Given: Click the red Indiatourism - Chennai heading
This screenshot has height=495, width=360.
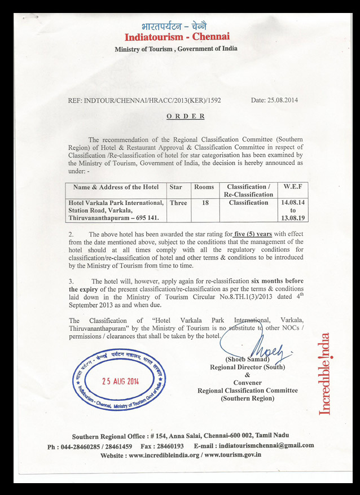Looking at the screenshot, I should pyautogui.click(x=177, y=37).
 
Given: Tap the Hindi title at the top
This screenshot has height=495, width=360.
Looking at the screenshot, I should pyautogui.click(x=177, y=25).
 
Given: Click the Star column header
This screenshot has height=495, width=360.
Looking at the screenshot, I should pyautogui.click(x=178, y=187).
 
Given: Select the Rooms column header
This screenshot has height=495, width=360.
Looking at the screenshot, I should pyautogui.click(x=204, y=187).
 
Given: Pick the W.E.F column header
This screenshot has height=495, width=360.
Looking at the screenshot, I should pyautogui.click(x=292, y=187).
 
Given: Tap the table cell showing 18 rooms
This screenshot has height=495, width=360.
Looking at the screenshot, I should pyautogui.click(x=204, y=203).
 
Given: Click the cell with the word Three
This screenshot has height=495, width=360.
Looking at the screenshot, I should pyautogui.click(x=178, y=203).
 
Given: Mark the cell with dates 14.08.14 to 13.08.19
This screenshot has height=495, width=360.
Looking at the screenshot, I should pyautogui.click(x=292, y=210).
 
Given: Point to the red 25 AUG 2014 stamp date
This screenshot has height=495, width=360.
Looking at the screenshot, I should pyautogui.click(x=119, y=380).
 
